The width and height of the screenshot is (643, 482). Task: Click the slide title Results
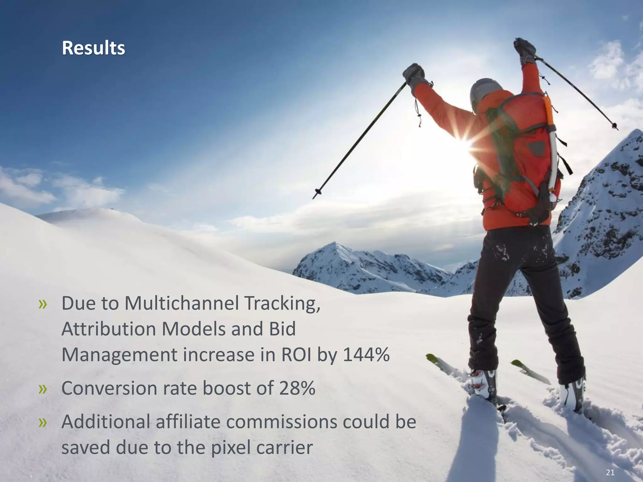(93, 48)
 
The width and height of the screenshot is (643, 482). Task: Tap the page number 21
(610, 473)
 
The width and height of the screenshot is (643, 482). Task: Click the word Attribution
(108, 329)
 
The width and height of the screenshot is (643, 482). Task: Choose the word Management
(120, 356)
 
